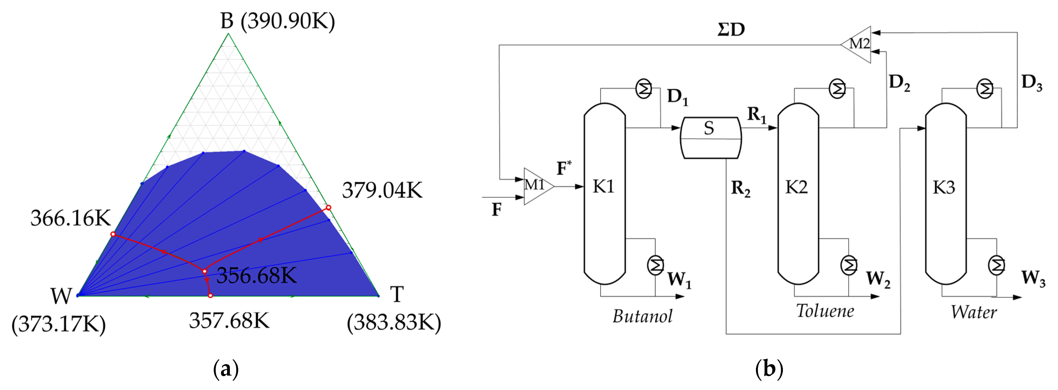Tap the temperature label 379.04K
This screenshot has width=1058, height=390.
tap(382, 191)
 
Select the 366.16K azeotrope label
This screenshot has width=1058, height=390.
tap(71, 218)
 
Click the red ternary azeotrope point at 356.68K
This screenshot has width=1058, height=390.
tap(205, 271)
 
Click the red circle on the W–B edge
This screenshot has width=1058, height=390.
tap(113, 234)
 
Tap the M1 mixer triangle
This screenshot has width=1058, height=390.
tap(536, 186)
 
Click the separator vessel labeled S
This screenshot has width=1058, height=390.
tap(710, 138)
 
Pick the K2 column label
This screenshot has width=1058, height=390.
tap(796, 187)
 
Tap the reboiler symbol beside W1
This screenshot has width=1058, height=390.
tap(655, 265)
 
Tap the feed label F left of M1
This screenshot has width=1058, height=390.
tap(497, 210)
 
